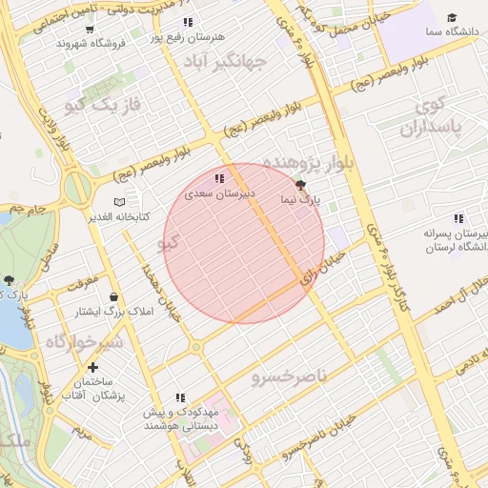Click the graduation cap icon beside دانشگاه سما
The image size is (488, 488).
click(452, 18)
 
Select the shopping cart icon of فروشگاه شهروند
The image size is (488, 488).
click(90, 29)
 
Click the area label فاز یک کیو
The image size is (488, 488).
click(102, 104)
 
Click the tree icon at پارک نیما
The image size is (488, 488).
click(302, 185)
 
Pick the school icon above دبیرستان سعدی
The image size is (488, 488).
click(219, 178)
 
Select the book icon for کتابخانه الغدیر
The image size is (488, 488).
click(119, 202)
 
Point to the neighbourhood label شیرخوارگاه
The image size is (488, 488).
click(84, 341)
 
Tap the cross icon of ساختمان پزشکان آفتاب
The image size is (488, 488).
click(92, 367)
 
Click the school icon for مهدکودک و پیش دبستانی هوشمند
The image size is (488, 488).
click(180, 397)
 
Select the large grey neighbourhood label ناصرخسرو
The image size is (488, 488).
click(289, 377)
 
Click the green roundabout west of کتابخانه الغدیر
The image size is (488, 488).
click(77, 188)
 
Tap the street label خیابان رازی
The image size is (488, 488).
click(321, 268)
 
